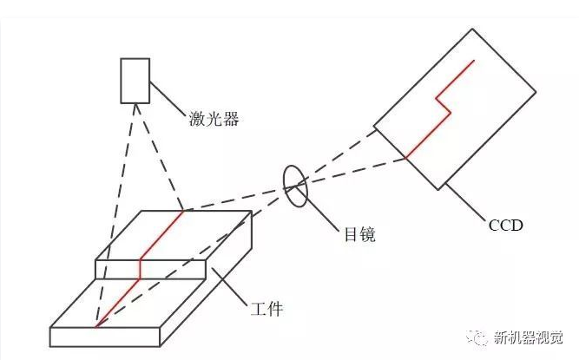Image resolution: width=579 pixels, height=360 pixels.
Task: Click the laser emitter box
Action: [x=135, y=81]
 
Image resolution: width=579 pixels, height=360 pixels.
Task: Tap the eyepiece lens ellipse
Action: [x=296, y=186]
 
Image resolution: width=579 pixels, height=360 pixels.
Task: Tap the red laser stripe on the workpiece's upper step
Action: [x=161, y=234]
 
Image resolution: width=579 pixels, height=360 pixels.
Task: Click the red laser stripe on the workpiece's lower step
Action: [x=117, y=304]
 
